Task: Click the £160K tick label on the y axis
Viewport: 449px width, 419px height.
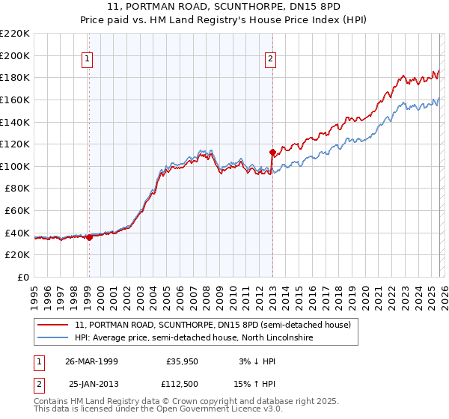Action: (x=15, y=100)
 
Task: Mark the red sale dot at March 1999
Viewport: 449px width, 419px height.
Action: (x=89, y=237)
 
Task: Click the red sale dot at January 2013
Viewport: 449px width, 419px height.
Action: (x=272, y=153)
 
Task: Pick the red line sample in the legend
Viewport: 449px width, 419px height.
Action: (x=53, y=325)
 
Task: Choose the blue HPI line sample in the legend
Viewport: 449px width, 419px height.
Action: (x=53, y=338)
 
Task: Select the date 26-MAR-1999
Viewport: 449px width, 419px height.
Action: (x=91, y=361)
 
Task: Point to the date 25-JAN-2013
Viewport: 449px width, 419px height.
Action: (x=91, y=384)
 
